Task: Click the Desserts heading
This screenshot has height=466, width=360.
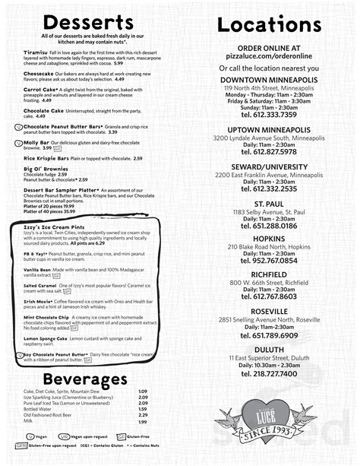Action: [90, 21]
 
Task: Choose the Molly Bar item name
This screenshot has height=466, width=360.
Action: [37, 142]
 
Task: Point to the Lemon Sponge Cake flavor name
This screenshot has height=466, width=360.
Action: [46, 338]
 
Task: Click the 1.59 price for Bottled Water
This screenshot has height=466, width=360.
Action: [142, 408]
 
